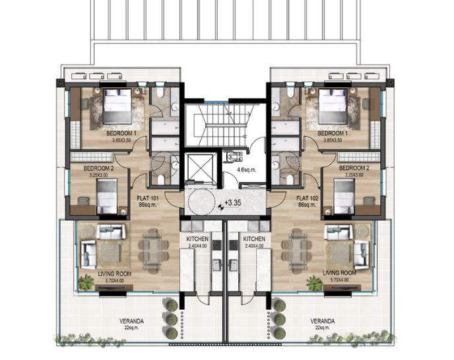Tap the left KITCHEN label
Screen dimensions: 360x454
pyautogui.click(x=197, y=239)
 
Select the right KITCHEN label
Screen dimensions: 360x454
pyautogui.click(x=254, y=239)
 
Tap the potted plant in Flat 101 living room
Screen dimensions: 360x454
pyautogui.click(x=85, y=282)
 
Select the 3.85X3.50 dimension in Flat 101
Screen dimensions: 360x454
pyautogui.click(x=120, y=140)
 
